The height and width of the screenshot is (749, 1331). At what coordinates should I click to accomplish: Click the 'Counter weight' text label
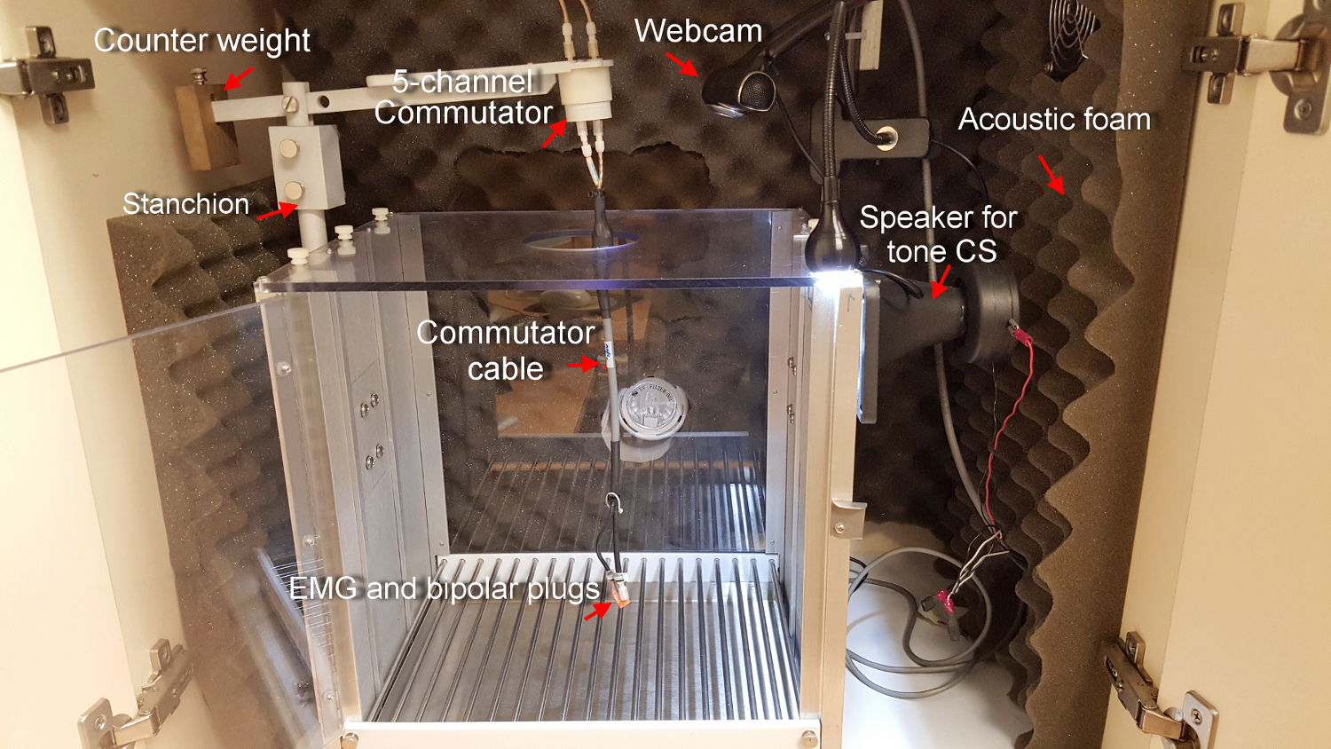(x=201, y=41)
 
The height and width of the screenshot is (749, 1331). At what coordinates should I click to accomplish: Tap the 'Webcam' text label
(x=698, y=32)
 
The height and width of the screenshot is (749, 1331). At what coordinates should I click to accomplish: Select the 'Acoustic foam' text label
(x=1054, y=120)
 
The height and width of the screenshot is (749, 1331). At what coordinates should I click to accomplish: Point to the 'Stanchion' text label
(x=185, y=204)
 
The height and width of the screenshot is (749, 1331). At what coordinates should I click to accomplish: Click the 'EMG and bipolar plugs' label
(x=445, y=589)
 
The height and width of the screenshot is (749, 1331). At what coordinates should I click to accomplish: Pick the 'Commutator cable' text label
(x=505, y=351)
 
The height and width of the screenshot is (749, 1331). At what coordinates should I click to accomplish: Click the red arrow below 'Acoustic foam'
(x=1051, y=174)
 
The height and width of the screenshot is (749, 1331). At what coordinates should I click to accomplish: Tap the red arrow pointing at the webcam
(x=682, y=63)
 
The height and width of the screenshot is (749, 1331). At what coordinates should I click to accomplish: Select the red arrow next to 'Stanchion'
(x=278, y=212)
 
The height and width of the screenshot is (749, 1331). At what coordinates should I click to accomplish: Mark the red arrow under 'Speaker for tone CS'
(x=941, y=282)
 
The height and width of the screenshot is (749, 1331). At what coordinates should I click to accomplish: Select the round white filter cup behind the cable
(x=645, y=414)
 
